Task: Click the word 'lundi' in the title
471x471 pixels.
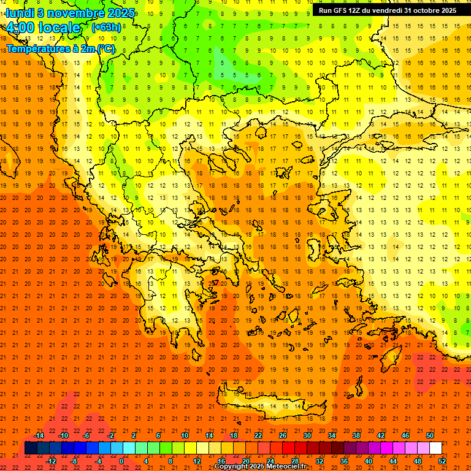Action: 20,13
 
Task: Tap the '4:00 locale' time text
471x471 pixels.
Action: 43,28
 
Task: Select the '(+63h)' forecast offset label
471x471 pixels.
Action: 106,27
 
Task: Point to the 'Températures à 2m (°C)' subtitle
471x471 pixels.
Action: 60,48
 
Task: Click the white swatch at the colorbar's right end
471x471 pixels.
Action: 435,448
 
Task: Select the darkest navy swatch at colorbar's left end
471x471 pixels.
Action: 31,448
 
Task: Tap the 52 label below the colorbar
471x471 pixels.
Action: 443,461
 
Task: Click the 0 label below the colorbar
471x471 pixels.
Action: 121,461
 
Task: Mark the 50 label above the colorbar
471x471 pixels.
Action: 430,435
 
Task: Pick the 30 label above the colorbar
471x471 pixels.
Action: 307,435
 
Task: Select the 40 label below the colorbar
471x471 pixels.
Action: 369,461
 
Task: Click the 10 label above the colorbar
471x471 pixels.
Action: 184,435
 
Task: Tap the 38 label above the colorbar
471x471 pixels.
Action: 356,435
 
